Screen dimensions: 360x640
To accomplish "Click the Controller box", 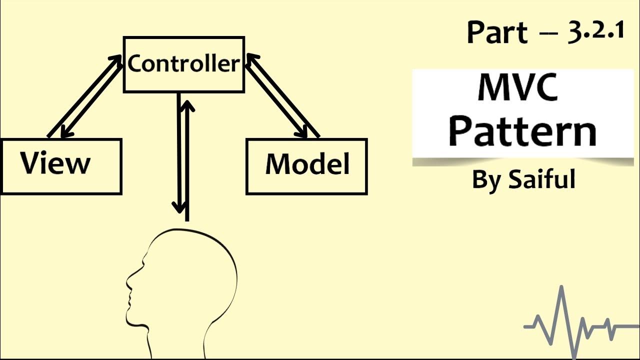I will click(183, 64).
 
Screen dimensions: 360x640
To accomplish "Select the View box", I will click(61, 166).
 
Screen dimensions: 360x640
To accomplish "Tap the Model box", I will click(306, 166).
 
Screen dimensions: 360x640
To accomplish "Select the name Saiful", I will click(541, 179).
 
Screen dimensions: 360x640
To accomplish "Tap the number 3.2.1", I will click(596, 31).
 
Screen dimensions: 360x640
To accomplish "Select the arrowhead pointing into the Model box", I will click(302, 132).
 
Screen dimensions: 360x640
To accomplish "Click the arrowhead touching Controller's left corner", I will click(116, 60).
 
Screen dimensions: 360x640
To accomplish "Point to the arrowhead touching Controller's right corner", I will click(251, 59).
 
